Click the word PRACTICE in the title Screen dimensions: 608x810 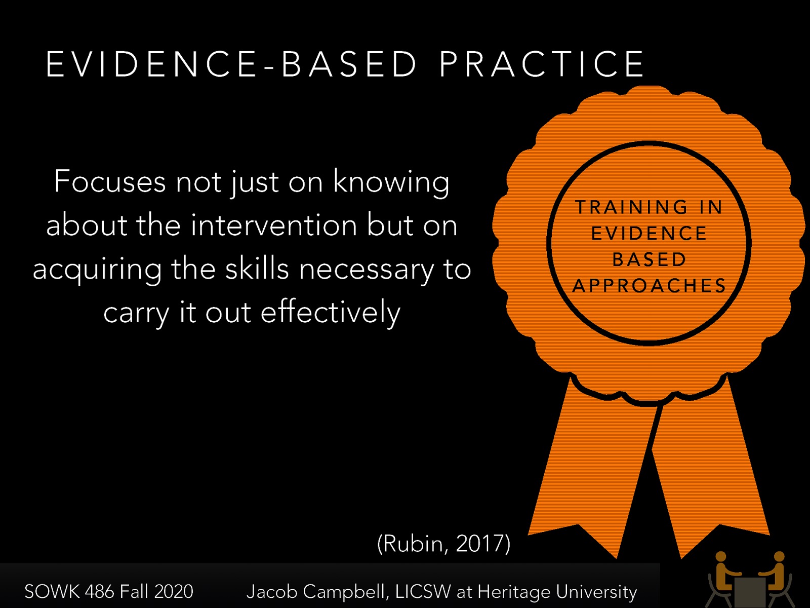[x=542, y=64]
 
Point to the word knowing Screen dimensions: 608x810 [x=391, y=182]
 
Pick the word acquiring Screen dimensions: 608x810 [x=97, y=270]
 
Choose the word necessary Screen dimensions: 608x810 [x=367, y=270]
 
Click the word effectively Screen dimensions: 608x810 [x=330, y=312]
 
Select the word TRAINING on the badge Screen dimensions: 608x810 [x=632, y=207]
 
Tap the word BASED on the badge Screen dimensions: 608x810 [x=650, y=260]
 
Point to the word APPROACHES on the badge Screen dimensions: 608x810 [x=650, y=286]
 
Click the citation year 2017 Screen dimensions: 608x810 [x=481, y=544]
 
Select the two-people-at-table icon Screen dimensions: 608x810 [x=750, y=580]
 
